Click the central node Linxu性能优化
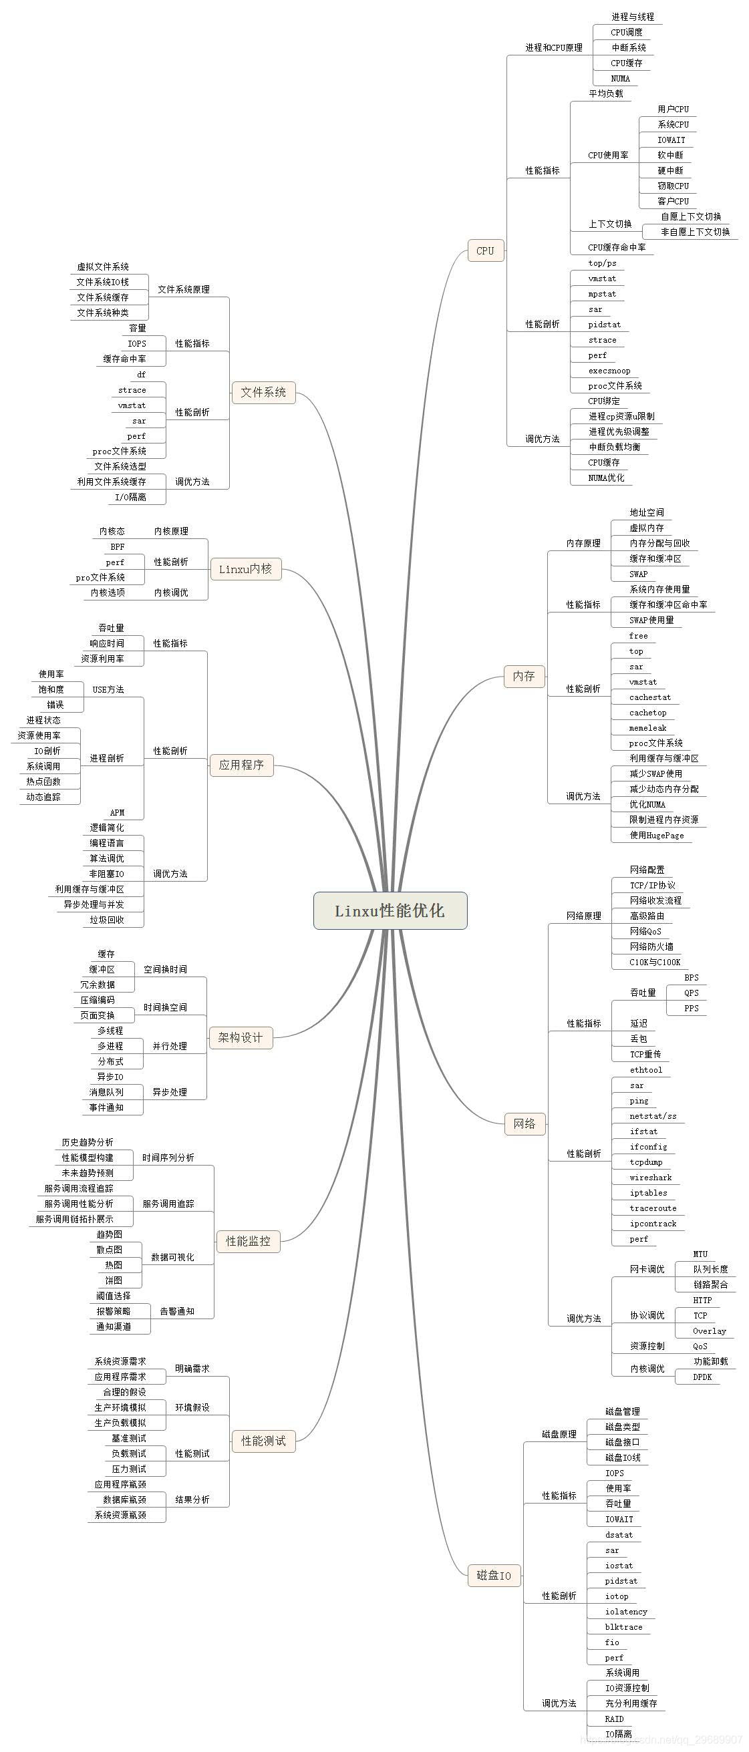[390, 910]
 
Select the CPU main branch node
[485, 250]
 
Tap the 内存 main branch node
[524, 676]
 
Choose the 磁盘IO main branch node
[494, 1575]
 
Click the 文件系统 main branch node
[263, 392]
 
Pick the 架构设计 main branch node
[240, 1037]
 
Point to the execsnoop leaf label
[609, 371]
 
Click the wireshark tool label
[650, 1178]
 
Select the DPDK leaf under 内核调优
[702, 1377]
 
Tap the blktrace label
[623, 1627]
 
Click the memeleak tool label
[647, 728]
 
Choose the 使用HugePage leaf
[656, 835]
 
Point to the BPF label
[118, 546]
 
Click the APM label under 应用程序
[118, 812]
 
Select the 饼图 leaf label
[114, 1280]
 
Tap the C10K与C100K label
[654, 962]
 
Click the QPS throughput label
[691, 993]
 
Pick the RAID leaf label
[613, 1719]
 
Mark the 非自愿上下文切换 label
[696, 232]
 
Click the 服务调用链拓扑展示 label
[75, 1219]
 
